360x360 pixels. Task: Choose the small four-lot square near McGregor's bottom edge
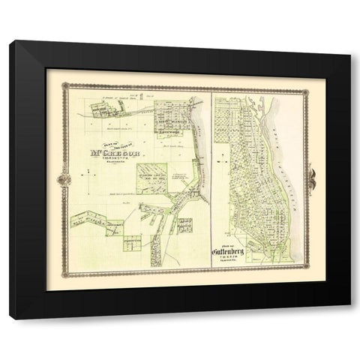click(133, 242)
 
